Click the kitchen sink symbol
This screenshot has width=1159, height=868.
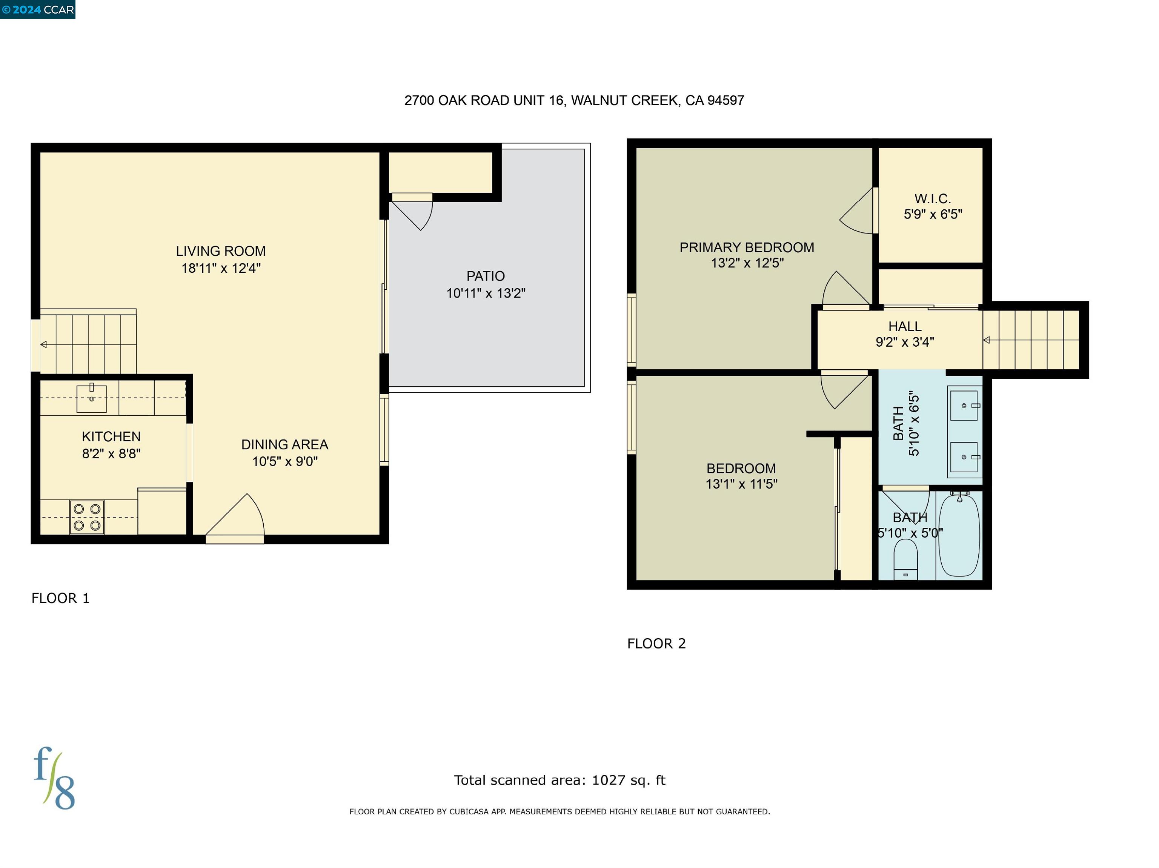pos(92,398)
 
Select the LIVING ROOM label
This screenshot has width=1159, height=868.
pos(221,252)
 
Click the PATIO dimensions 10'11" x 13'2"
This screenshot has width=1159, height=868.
pos(485,293)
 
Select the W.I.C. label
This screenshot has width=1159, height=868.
pos(932,199)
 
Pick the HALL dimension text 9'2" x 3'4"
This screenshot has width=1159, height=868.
pos(904,342)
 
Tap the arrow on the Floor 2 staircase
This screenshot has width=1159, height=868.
pos(986,340)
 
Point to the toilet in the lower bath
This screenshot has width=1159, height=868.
pos(905,558)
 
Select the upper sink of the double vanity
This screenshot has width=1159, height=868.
pos(964,406)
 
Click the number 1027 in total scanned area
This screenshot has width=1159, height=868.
pos(608,780)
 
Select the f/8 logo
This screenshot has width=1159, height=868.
pos(54,778)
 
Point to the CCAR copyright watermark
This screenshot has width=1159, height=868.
pos(38,9)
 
